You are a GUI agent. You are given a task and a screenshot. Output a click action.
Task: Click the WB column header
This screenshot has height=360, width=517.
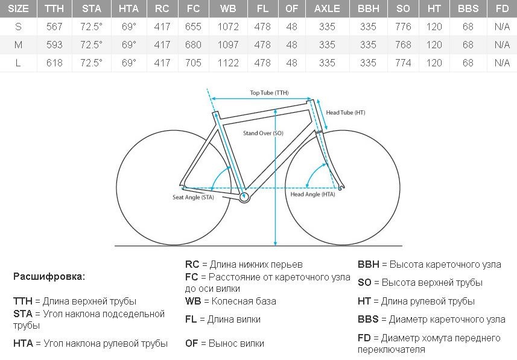[228, 8]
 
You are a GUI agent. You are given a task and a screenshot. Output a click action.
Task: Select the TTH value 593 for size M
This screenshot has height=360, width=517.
[54, 45]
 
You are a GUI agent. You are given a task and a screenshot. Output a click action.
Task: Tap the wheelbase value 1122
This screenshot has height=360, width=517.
[228, 63]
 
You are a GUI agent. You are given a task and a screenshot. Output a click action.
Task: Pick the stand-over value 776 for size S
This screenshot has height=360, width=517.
[403, 27]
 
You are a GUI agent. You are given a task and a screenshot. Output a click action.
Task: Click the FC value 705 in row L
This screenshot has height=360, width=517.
[193, 63]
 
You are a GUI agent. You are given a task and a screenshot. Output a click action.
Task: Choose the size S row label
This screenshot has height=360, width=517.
[18, 27]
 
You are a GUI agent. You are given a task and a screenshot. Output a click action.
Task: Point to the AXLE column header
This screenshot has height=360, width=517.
[327, 8]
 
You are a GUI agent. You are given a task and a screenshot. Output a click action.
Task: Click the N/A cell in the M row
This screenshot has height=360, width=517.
[502, 45]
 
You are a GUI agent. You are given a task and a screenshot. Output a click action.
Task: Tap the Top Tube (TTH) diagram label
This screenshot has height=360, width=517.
[269, 93]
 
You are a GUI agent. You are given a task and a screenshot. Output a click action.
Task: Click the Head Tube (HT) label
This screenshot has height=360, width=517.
[346, 112]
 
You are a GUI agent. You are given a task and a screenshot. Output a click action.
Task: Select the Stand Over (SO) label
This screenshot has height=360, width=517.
[263, 133]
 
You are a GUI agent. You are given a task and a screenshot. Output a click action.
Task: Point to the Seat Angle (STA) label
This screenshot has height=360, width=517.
[193, 197]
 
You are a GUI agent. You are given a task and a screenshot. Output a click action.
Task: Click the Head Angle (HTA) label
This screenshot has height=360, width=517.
[312, 194]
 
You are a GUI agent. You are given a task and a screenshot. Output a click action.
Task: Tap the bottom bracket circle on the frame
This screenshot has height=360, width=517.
[244, 197]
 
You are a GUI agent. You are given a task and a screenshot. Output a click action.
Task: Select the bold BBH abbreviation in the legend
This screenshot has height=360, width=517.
[369, 264]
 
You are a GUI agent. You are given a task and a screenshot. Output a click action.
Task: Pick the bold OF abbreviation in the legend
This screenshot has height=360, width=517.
[192, 344]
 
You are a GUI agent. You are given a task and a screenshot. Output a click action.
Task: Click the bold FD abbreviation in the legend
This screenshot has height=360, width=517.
[364, 338]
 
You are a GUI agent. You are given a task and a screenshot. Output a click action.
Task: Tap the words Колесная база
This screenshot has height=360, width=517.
[244, 301]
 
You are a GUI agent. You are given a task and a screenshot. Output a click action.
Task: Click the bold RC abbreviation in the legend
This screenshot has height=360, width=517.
[192, 264]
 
